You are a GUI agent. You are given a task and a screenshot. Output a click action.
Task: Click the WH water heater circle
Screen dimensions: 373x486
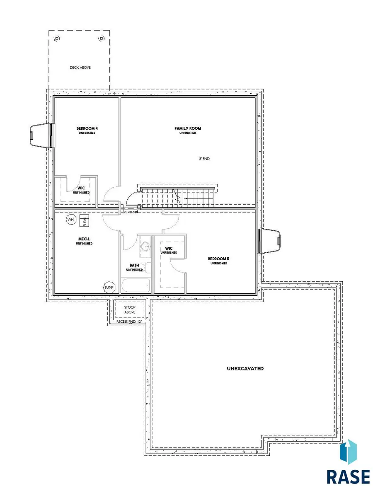pyautogui.click(x=71, y=220)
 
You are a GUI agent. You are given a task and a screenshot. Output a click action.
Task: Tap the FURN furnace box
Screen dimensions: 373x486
pyautogui.click(x=84, y=221)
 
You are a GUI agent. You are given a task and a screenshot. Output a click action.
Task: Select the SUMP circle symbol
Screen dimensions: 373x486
pyautogui.click(x=109, y=287)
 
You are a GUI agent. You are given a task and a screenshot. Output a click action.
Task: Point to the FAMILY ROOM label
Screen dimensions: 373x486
pyautogui.click(x=188, y=128)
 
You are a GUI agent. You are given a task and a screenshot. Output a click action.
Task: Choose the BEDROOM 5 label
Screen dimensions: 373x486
pyautogui.click(x=218, y=259)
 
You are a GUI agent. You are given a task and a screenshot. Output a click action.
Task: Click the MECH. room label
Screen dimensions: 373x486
pyautogui.click(x=84, y=239)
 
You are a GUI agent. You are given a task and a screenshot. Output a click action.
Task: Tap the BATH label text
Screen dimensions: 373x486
pyautogui.click(x=134, y=265)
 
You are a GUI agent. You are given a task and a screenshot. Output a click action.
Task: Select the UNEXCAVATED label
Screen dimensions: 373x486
pyautogui.click(x=245, y=368)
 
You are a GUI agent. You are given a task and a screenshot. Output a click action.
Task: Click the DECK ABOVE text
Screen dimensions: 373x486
pyautogui.click(x=80, y=67)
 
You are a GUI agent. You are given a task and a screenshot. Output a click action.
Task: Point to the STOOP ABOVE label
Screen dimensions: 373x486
pyautogui.click(x=130, y=309)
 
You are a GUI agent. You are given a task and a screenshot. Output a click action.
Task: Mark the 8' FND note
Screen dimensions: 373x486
pyautogui.click(x=204, y=159)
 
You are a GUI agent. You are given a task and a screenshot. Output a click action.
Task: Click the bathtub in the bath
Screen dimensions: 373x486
pyautogui.click(x=136, y=285)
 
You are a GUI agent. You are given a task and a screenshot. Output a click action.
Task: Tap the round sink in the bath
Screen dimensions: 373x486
pyautogui.click(x=145, y=247)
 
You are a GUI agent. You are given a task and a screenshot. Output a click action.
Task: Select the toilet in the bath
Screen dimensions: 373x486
pyautogui.click(x=147, y=268)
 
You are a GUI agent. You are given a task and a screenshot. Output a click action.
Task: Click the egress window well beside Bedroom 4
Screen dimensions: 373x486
pyautogui.click(x=41, y=135)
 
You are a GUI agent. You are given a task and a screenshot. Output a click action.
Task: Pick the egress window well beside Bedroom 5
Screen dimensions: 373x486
pyautogui.click(x=270, y=241)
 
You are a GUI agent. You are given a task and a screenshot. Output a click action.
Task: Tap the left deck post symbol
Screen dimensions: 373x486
pyautogui.click(x=57, y=39)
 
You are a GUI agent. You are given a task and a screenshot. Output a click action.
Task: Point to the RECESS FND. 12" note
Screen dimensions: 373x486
pyautogui.click(x=128, y=322)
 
